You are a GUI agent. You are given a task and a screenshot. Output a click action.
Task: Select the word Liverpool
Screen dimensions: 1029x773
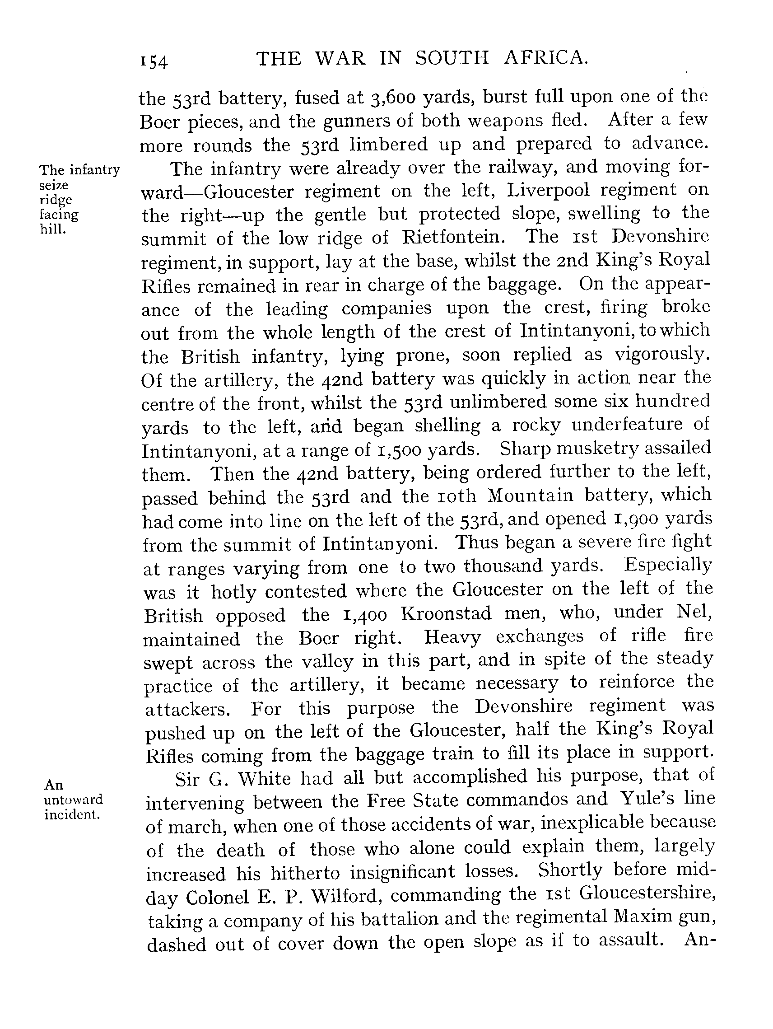(548, 190)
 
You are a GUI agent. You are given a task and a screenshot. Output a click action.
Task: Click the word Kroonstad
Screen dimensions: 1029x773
(446, 613)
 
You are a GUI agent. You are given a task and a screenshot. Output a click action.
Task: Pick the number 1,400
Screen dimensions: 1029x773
(364, 615)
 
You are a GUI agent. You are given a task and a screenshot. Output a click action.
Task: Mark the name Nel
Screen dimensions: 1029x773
(694, 611)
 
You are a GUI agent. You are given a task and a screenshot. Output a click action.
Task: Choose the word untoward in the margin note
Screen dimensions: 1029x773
(73, 800)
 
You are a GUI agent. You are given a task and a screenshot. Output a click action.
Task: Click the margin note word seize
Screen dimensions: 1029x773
(53, 185)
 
